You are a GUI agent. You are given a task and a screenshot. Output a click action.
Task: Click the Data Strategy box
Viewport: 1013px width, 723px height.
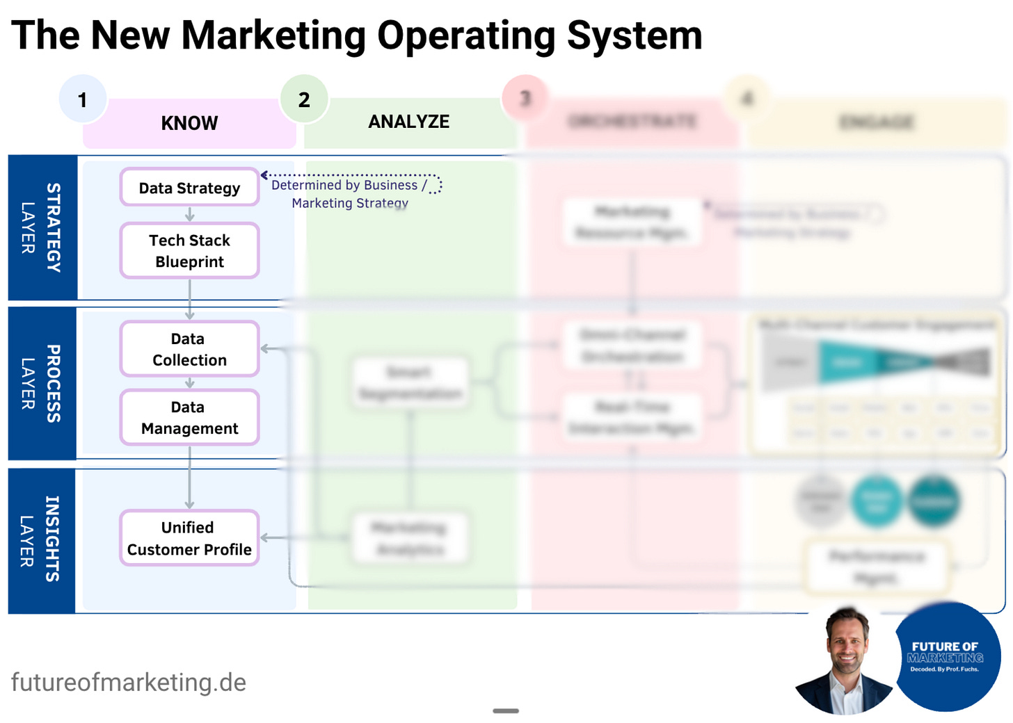[189, 188]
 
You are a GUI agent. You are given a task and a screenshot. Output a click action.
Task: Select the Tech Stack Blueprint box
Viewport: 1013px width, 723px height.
[189, 251]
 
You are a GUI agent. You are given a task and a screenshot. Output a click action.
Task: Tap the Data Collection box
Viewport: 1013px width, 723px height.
[189, 349]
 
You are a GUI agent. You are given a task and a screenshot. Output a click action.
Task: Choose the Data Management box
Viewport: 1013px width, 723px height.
[189, 417]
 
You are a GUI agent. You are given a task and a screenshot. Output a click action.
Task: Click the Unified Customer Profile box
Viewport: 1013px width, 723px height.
[189, 538]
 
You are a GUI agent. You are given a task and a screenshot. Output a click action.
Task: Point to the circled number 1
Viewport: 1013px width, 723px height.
[83, 99]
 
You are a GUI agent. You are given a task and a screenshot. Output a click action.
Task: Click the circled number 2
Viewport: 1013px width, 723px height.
[304, 99]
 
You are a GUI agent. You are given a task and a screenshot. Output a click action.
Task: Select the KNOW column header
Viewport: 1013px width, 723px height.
[189, 123]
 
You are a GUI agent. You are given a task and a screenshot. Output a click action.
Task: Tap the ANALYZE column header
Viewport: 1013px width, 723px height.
[408, 122]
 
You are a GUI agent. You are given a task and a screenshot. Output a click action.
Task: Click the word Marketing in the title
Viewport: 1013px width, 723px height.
[273, 35]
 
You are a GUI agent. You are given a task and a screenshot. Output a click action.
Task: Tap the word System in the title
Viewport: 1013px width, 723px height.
[634, 35]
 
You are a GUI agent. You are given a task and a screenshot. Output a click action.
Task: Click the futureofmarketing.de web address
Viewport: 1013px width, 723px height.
[129, 682]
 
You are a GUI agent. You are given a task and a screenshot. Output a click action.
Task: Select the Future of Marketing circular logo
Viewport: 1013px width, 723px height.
[946, 657]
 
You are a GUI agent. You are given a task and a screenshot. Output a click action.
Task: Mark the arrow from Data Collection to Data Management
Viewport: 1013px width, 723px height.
[189, 383]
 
